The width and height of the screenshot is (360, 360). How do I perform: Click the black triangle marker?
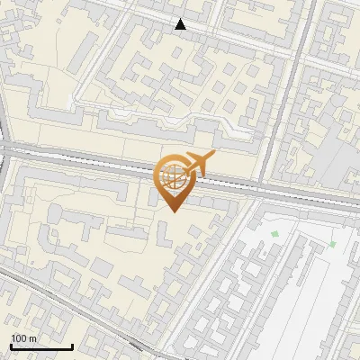(181, 24)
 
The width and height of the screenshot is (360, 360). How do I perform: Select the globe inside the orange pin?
(175, 178)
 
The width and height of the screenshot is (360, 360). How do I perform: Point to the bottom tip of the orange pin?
(175, 212)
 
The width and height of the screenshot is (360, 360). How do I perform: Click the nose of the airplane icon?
(213, 155)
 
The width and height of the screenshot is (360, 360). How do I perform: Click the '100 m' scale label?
(23, 338)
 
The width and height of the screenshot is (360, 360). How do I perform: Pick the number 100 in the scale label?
(19, 338)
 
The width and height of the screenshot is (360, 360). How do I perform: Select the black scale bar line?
(40, 346)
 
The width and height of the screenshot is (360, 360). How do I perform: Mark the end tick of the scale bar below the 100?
(11, 345)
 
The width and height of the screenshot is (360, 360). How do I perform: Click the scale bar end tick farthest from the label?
(71, 345)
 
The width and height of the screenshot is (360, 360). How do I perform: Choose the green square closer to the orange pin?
(274, 234)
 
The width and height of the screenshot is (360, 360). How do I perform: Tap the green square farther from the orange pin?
(332, 244)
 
